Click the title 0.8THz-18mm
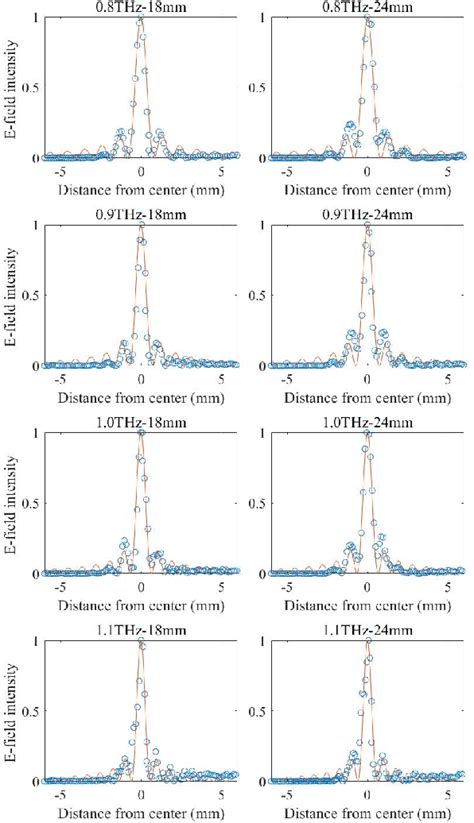[141, 7]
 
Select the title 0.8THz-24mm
[367, 7]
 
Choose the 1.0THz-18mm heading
[141, 423]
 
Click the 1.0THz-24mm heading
[367, 423]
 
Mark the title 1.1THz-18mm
[141, 631]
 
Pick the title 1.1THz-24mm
[367, 631]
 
